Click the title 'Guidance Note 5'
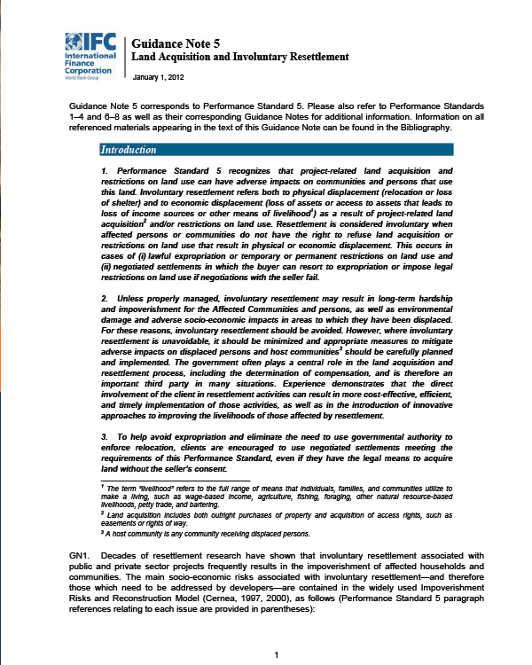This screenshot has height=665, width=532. pos(173,43)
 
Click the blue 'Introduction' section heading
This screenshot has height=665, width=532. pos(129,150)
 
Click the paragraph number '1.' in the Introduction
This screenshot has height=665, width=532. pos(106,169)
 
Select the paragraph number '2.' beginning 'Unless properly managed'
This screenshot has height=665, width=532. pos(106,298)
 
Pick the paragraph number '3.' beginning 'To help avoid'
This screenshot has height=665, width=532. pos(106,438)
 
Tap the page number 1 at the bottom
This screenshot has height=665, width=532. pos(278,655)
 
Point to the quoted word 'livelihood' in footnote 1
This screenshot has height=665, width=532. pos(151,489)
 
